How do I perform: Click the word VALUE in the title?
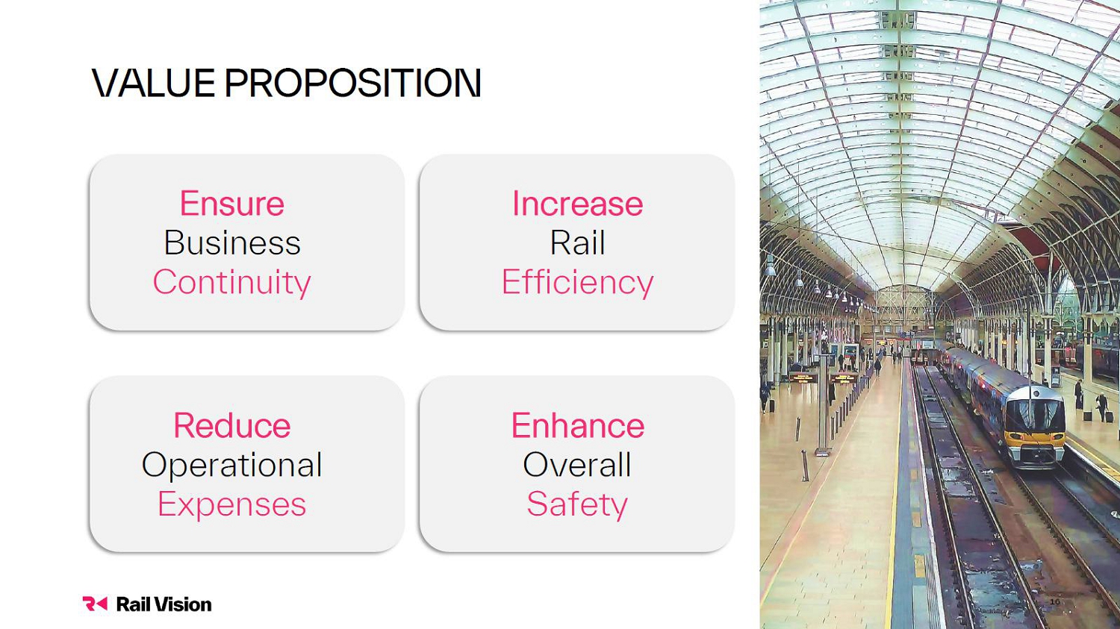pyautogui.click(x=154, y=83)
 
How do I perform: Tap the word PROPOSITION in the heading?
pyautogui.click(x=353, y=83)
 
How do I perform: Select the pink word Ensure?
pyautogui.click(x=232, y=204)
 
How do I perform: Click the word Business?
pyautogui.click(x=232, y=242)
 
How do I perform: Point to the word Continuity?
pyautogui.click(x=232, y=283)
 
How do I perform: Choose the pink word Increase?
pyautogui.click(x=577, y=204)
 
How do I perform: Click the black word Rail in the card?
pyautogui.click(x=577, y=242)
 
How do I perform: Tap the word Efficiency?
pyautogui.click(x=577, y=283)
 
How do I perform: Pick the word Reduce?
pyautogui.click(x=232, y=425)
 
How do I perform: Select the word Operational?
pyautogui.click(x=232, y=466)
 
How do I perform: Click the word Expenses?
pyautogui.click(x=232, y=504)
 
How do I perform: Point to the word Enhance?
pyautogui.click(x=577, y=425)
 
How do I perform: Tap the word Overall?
pyautogui.click(x=577, y=465)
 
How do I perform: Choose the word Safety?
pyautogui.click(x=577, y=504)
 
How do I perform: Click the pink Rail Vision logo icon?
pyautogui.click(x=95, y=604)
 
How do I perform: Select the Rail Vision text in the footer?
pyautogui.click(x=164, y=604)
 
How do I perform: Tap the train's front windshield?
pyautogui.click(x=1035, y=413)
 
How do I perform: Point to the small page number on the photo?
pyautogui.click(x=1055, y=601)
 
